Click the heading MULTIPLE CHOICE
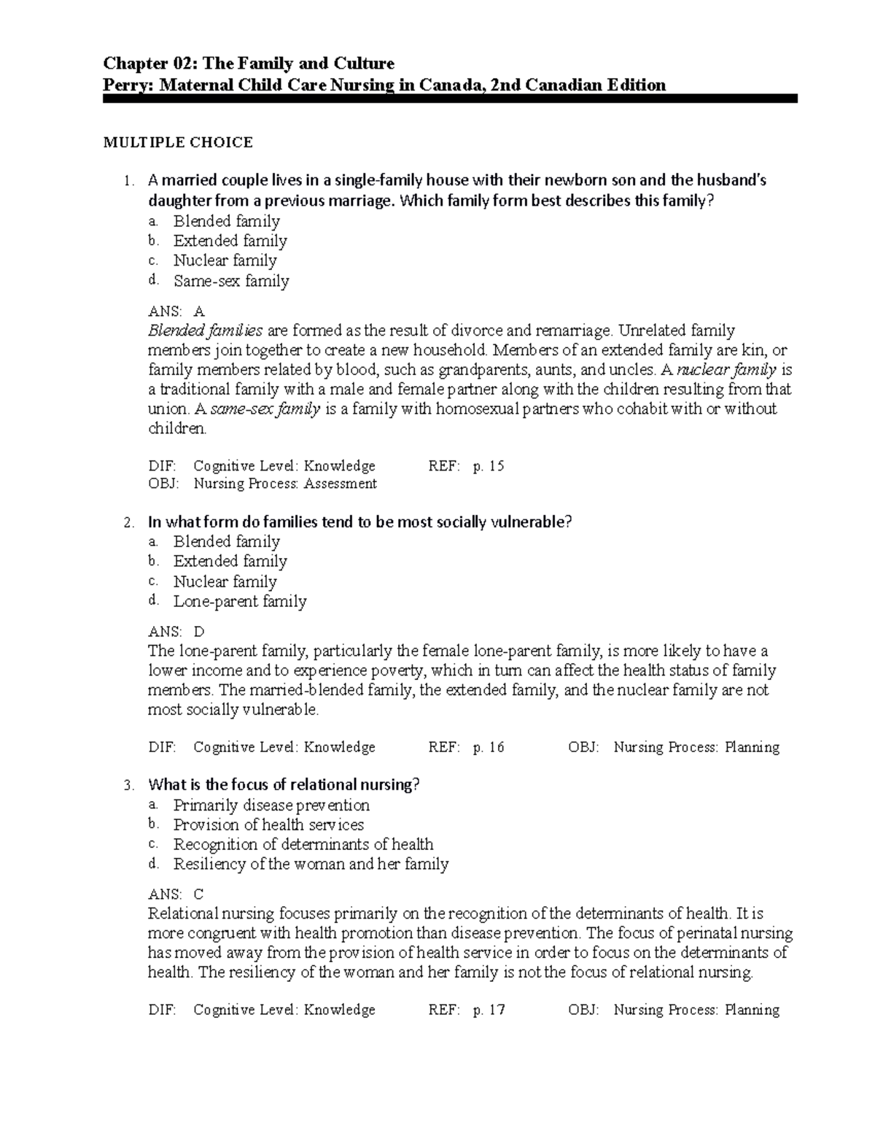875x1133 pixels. (178, 142)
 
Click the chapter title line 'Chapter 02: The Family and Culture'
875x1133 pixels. (248, 64)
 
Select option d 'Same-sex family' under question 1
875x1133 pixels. (230, 281)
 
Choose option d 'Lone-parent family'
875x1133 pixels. (239, 601)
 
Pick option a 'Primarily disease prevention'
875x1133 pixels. (271, 805)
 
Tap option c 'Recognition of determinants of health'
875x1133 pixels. (303, 844)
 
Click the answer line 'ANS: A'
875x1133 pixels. (176, 312)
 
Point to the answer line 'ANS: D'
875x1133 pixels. (176, 632)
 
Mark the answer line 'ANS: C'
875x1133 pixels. (176, 894)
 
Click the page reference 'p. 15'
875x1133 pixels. (489, 466)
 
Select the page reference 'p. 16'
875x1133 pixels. (489, 747)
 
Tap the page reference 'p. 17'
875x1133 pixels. (489, 1010)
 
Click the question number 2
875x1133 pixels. (128, 523)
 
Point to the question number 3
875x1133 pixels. (128, 786)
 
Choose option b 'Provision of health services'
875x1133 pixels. (268, 824)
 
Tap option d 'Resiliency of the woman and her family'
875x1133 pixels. (311, 864)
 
